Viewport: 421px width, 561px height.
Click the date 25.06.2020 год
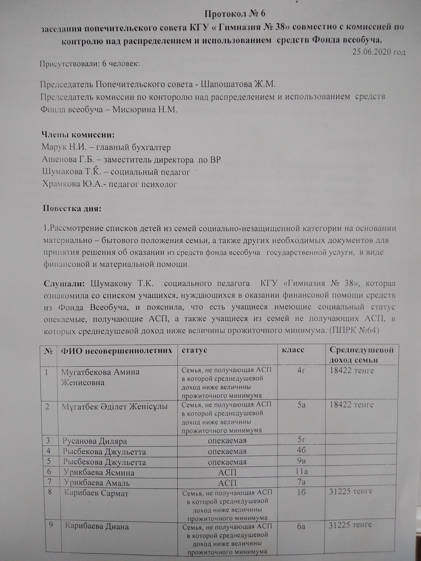379,52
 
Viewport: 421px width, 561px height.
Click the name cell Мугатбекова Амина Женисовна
100,377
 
